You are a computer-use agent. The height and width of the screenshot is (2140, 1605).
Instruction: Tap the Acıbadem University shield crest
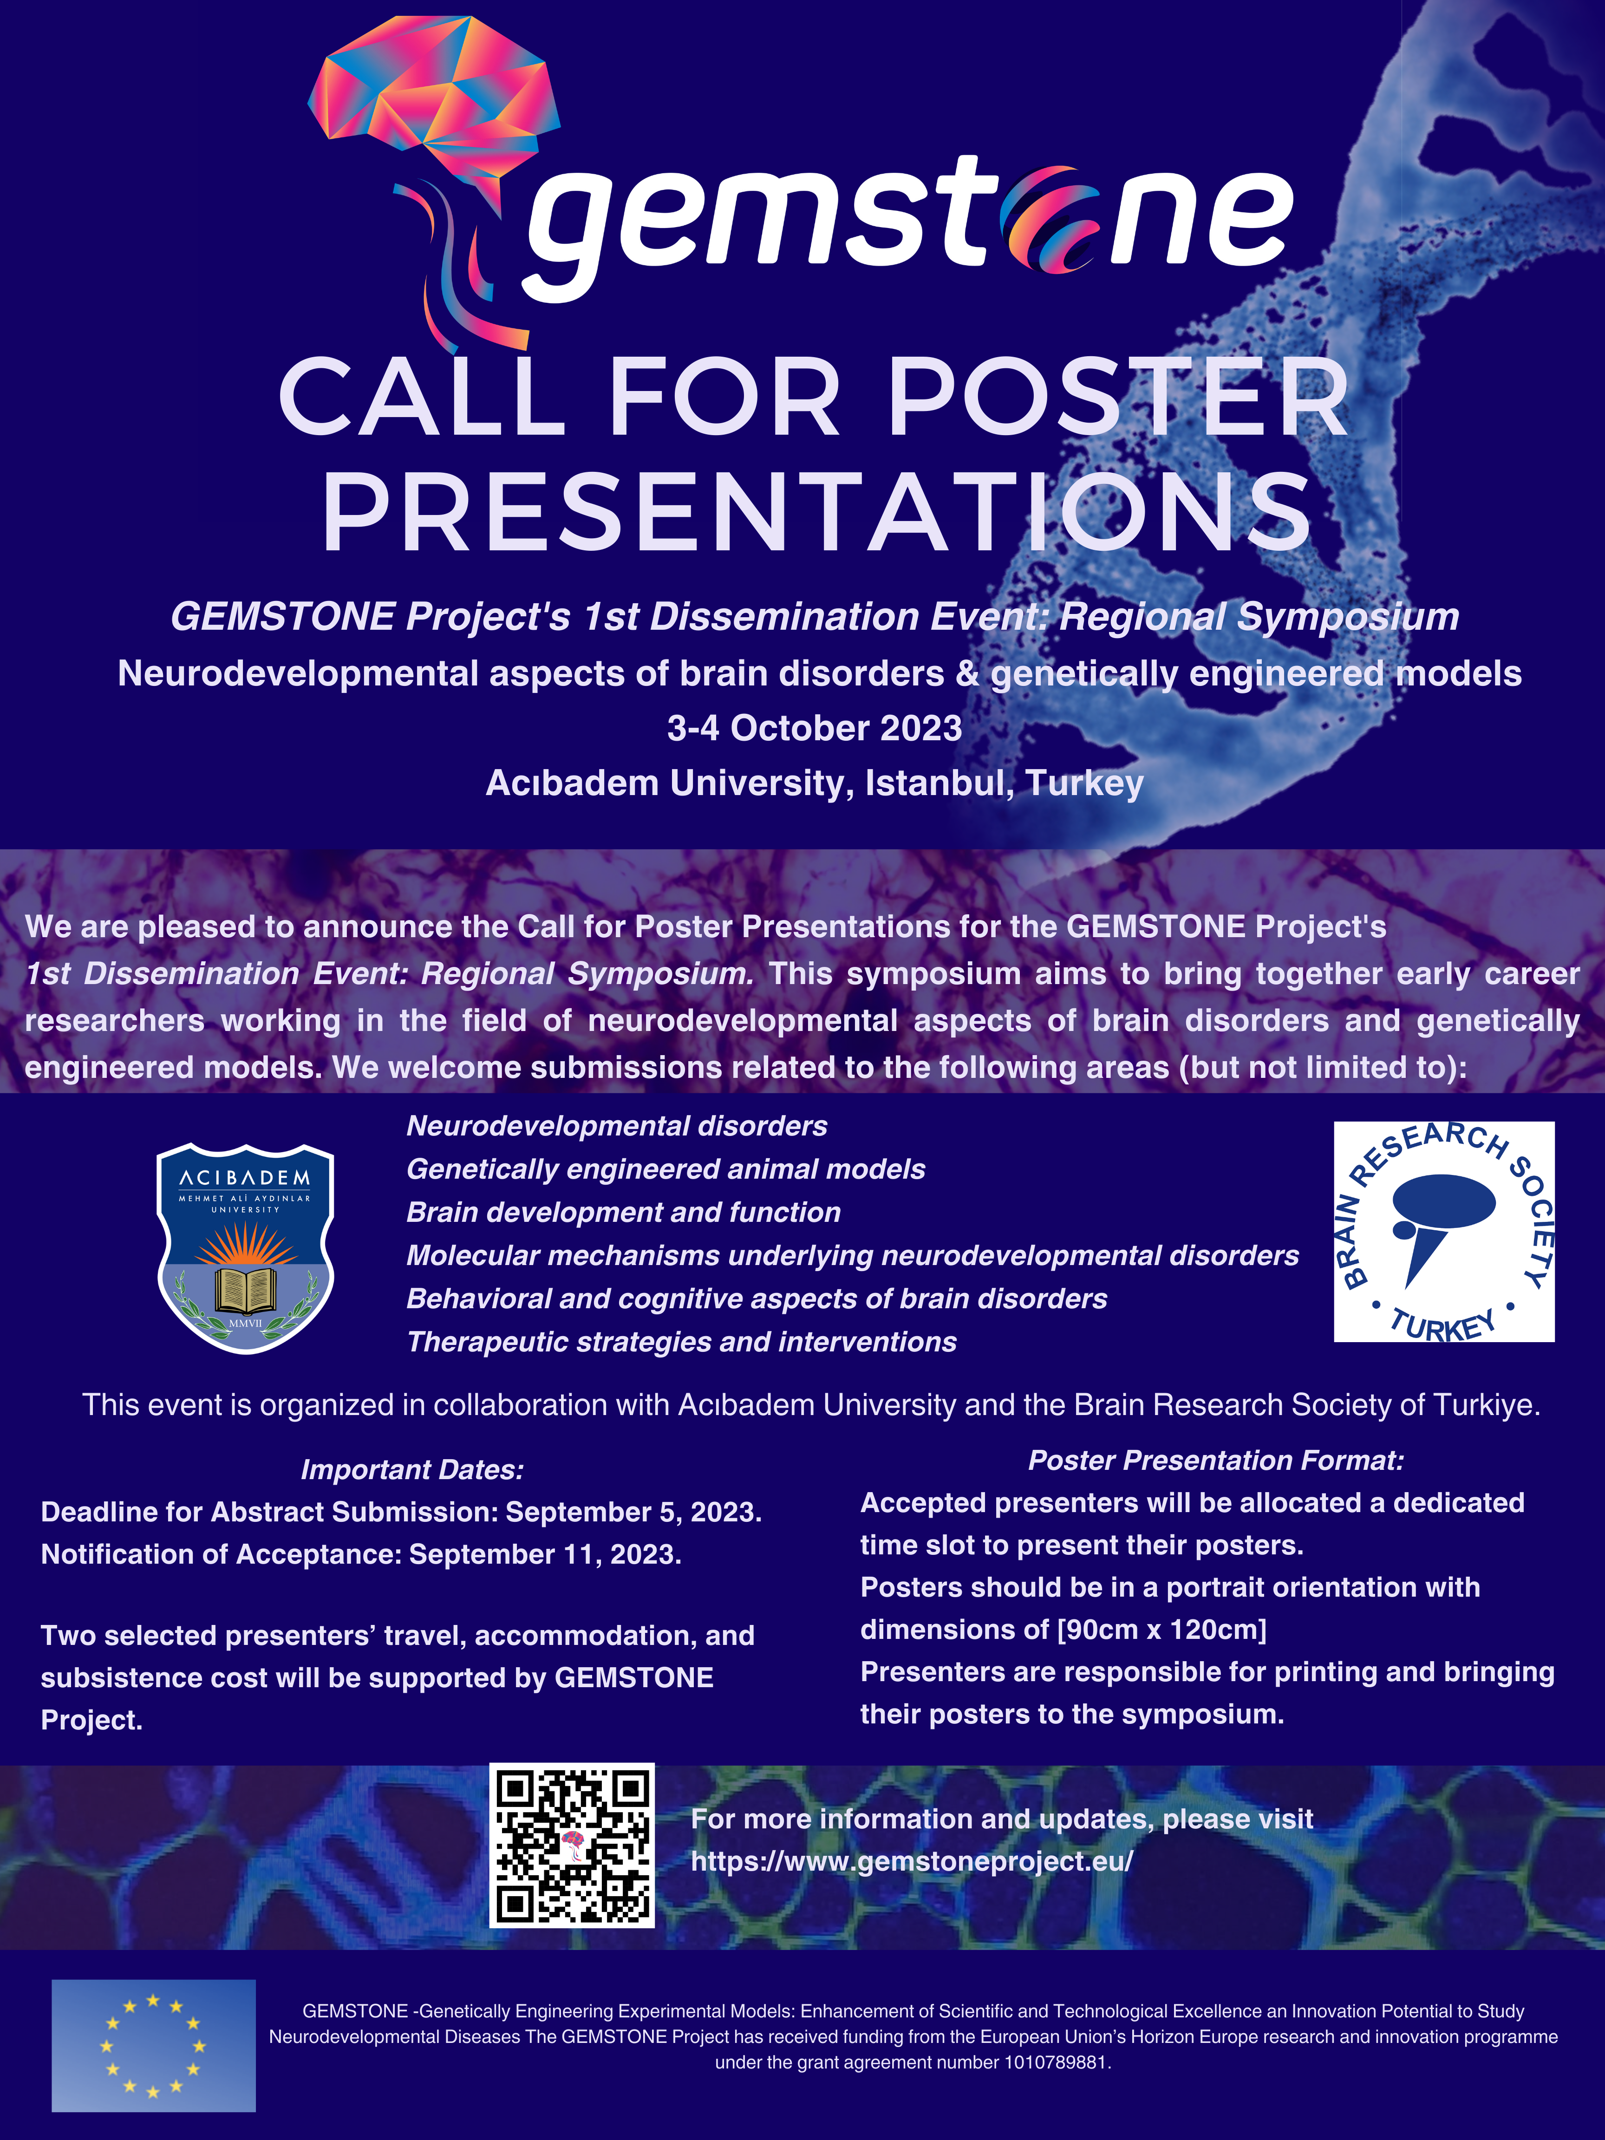[246, 1248]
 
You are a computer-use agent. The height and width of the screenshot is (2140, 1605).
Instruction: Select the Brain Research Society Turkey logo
[1443, 1232]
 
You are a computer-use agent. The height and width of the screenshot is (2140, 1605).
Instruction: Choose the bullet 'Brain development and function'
[623, 1212]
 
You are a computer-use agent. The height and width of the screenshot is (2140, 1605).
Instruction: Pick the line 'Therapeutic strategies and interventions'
[681, 1342]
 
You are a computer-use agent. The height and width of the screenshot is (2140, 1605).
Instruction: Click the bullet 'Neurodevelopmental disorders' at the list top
[616, 1126]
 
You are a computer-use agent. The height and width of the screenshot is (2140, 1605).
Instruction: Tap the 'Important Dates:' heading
[412, 1469]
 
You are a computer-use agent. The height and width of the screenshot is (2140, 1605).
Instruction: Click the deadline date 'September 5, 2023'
[633, 1512]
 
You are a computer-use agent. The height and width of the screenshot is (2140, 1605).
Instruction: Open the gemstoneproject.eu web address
[911, 1861]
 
